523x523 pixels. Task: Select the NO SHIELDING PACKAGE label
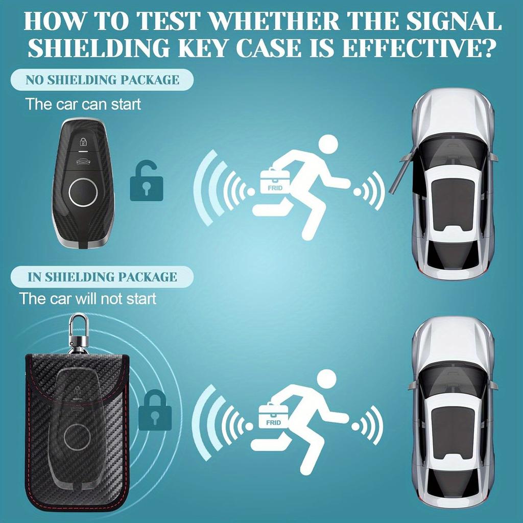click(103, 80)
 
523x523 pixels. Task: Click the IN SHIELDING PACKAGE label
click(102, 277)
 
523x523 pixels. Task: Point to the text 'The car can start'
click(83, 104)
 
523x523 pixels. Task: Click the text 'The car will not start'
click(87, 298)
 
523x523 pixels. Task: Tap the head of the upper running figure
click(327, 145)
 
